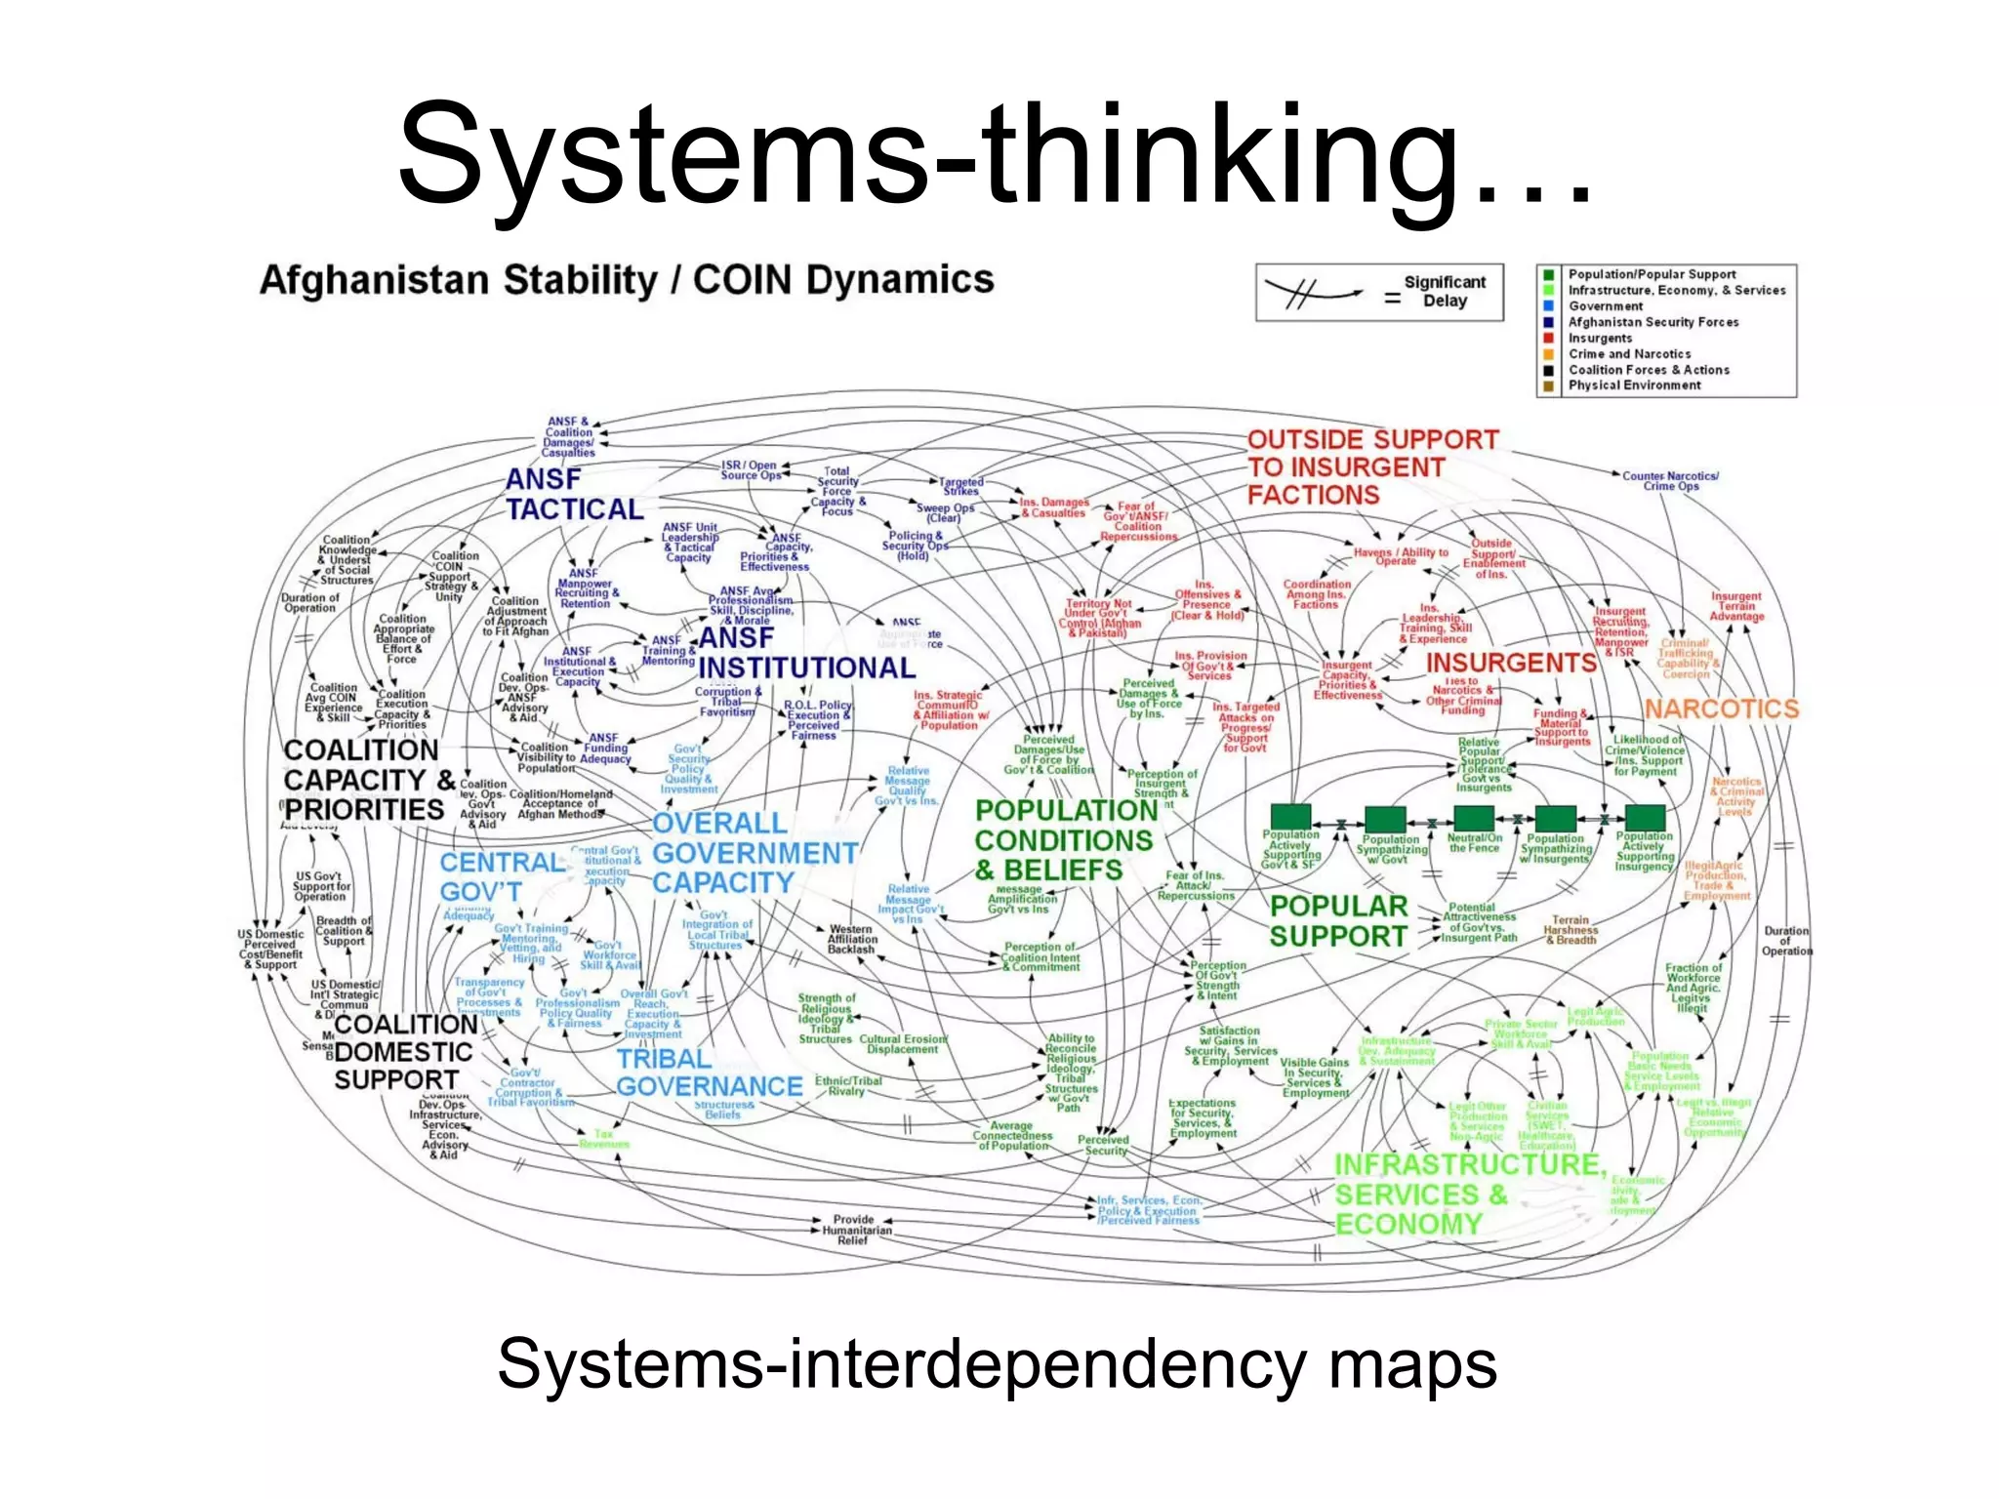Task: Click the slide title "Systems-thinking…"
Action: pos(996,156)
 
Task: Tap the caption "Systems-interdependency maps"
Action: pos(997,1363)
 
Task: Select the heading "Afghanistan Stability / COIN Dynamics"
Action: pos(627,280)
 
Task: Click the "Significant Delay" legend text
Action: pos(1445,291)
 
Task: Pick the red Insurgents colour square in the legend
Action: pos(1548,338)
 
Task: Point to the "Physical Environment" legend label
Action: pos(1634,385)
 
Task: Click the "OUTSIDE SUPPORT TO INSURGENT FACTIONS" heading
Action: pos(1371,467)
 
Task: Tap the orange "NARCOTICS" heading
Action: pos(1721,709)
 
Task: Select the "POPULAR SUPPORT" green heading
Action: pos(1338,921)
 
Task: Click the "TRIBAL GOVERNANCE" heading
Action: pos(709,1073)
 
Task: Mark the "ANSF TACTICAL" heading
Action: pos(574,495)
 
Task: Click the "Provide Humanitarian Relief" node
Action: pos(853,1230)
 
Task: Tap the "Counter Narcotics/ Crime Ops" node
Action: pos(1670,481)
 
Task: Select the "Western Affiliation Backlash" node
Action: pos(852,939)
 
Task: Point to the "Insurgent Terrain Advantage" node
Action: pos(1736,606)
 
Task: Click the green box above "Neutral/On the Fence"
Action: pos(1473,818)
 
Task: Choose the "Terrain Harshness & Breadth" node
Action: pos(1571,930)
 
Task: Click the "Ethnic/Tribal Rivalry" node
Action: pos(847,1086)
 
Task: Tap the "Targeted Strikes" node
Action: pos(961,486)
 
